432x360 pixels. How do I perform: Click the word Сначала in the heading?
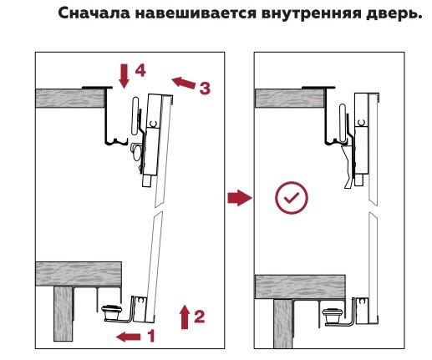(94, 13)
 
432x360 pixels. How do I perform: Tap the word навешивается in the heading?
(196, 13)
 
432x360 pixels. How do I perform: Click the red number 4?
(140, 70)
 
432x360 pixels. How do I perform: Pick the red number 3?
(205, 89)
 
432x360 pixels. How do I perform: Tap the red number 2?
(200, 317)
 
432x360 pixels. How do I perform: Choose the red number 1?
(150, 336)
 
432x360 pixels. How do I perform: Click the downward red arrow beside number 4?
(124, 76)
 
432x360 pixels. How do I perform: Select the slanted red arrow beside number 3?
(184, 83)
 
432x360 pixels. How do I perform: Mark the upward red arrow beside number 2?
(185, 317)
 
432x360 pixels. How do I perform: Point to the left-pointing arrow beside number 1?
(129, 337)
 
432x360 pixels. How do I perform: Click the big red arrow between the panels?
(240, 198)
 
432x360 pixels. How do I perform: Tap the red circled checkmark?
(292, 198)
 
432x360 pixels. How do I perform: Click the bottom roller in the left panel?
(112, 312)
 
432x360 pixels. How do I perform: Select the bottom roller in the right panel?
(333, 315)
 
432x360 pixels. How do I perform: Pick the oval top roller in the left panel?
(135, 116)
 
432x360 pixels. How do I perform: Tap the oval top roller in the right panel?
(343, 122)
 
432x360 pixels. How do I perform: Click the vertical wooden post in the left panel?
(64, 314)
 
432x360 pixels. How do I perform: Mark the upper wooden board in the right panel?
(290, 99)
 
